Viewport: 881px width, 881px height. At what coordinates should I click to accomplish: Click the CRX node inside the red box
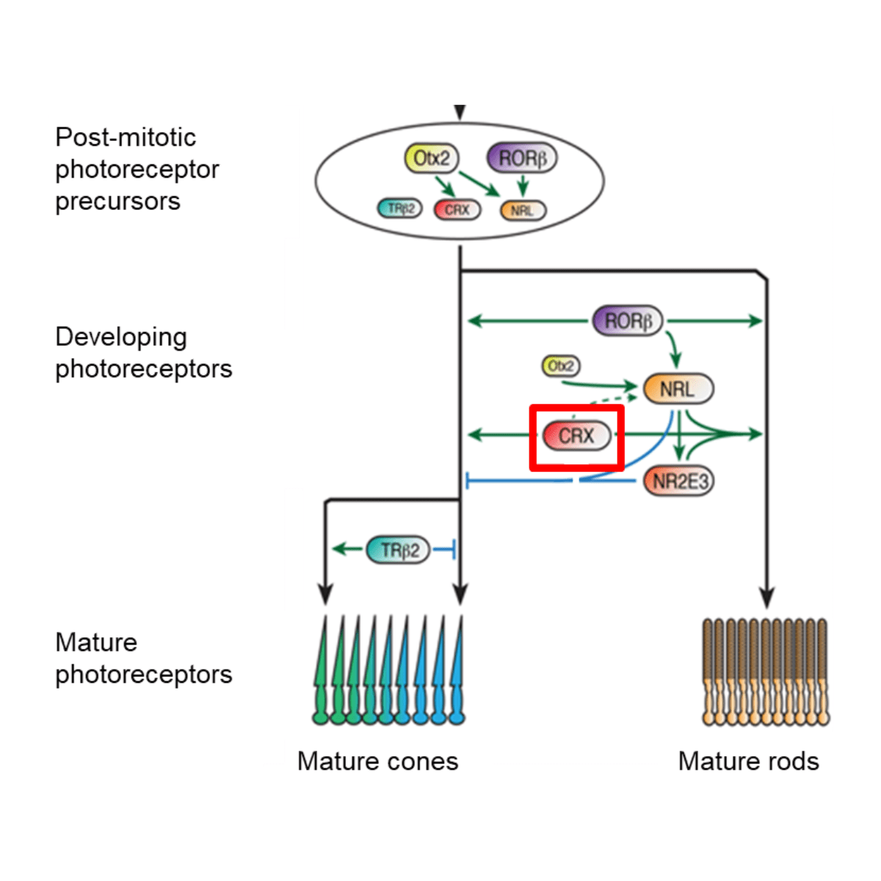pyautogui.click(x=576, y=436)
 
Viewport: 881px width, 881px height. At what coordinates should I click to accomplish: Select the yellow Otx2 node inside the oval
pyautogui.click(x=432, y=159)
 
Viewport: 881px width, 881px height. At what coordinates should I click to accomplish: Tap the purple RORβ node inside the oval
pyautogui.click(x=522, y=159)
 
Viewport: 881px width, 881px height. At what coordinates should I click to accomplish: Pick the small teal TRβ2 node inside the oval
pyautogui.click(x=400, y=209)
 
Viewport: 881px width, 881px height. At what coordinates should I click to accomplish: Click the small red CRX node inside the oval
pyautogui.click(x=457, y=210)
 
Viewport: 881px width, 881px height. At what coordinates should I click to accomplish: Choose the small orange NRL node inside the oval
pyautogui.click(x=523, y=211)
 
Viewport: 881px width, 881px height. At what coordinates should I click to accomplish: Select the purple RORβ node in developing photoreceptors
pyautogui.click(x=628, y=322)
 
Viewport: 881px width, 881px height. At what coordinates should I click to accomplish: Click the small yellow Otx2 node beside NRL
pyautogui.click(x=561, y=366)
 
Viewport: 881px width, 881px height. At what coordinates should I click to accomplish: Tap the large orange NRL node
pyautogui.click(x=678, y=389)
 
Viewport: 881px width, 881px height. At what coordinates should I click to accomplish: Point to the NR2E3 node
pyautogui.click(x=679, y=482)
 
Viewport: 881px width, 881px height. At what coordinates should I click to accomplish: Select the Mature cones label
pyautogui.click(x=377, y=761)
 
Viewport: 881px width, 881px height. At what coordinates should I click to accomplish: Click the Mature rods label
pyautogui.click(x=748, y=761)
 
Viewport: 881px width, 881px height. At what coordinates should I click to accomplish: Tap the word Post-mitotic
pyautogui.click(x=126, y=137)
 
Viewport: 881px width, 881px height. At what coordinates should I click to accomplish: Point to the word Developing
pyautogui.click(x=121, y=337)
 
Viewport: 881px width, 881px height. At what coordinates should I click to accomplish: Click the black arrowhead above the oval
pyautogui.click(x=460, y=112)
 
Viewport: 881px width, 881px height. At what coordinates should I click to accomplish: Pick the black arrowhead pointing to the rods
pyautogui.click(x=767, y=598)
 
